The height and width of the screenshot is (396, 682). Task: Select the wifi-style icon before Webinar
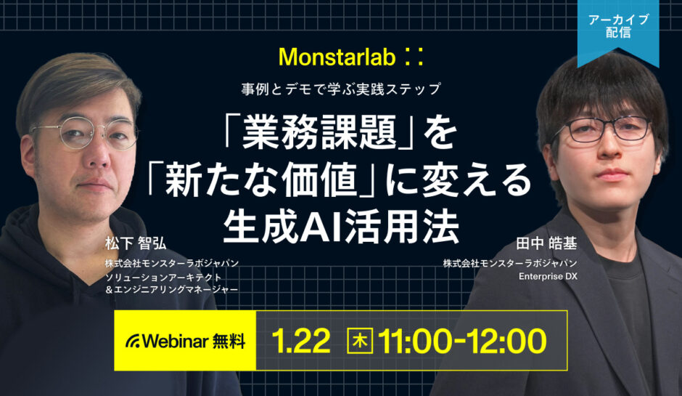point(133,341)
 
